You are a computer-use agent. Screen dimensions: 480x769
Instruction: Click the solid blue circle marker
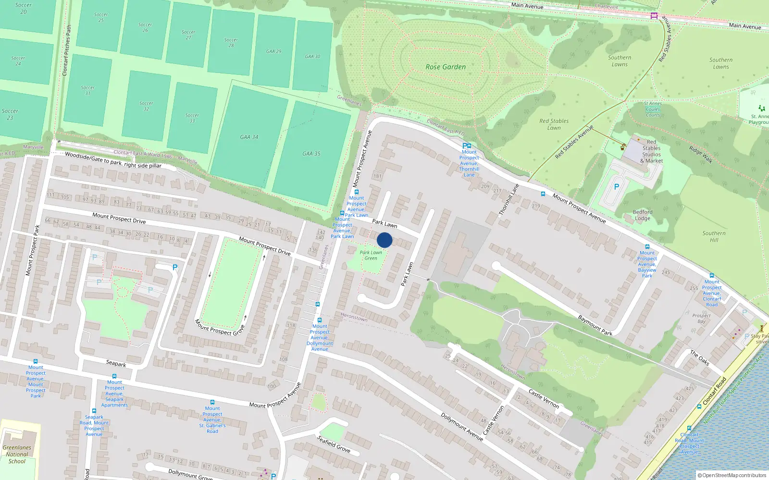[x=384, y=240]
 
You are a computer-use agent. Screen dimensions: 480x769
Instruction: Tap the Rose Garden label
[x=446, y=67]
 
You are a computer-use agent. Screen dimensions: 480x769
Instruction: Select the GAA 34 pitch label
[x=249, y=137]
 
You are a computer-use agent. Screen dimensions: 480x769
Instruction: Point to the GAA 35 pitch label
[x=311, y=154]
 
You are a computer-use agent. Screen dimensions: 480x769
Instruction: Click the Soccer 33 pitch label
[x=192, y=118]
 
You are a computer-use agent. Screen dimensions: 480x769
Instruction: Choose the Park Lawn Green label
[x=371, y=255]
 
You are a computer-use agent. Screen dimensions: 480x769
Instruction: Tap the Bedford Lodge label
[x=643, y=215]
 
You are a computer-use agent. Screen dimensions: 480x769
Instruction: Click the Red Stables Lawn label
[x=554, y=124]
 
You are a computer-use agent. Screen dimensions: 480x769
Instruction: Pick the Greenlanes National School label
[x=17, y=454]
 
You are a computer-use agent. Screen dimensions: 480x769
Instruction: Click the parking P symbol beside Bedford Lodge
[x=616, y=187]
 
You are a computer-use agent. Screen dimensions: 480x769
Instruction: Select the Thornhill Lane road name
[x=509, y=199]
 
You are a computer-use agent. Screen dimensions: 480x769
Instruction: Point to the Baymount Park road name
[x=595, y=325]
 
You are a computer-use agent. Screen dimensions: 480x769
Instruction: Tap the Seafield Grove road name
[x=334, y=444]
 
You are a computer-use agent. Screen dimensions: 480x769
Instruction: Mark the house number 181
[x=378, y=176]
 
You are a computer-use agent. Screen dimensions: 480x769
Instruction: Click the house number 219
[x=536, y=206]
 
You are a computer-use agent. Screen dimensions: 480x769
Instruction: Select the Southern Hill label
[x=714, y=237]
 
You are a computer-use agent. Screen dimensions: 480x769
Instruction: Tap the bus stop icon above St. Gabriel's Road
[x=212, y=402]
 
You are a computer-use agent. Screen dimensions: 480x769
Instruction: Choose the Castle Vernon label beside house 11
[x=544, y=399]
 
